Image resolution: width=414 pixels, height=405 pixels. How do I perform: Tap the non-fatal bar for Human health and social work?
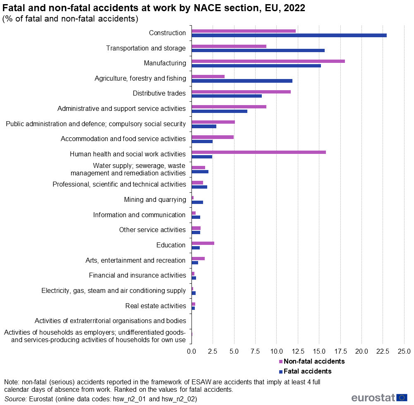coord(258,152)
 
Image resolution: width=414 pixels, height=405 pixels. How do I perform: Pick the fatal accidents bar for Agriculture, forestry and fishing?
coord(242,81)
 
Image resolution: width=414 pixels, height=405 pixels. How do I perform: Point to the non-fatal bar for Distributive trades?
coord(241,91)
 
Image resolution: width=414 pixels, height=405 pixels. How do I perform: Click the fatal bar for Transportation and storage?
coord(258,50)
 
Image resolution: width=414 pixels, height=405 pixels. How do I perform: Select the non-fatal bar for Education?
coord(203,243)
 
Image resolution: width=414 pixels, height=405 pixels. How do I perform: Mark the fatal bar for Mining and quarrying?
coord(197,202)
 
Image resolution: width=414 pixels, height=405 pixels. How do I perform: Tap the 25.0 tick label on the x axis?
coord(404,351)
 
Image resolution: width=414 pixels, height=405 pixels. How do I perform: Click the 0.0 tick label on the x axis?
coord(191,351)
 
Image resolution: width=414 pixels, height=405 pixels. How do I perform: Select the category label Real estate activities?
coord(156,306)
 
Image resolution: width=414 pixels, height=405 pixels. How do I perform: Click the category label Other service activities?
coord(152,230)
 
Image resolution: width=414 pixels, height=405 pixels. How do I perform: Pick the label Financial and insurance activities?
coord(137,275)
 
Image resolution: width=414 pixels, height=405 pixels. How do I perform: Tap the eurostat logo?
coord(379,398)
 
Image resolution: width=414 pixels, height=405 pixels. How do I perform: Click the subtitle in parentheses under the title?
coord(70,19)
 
